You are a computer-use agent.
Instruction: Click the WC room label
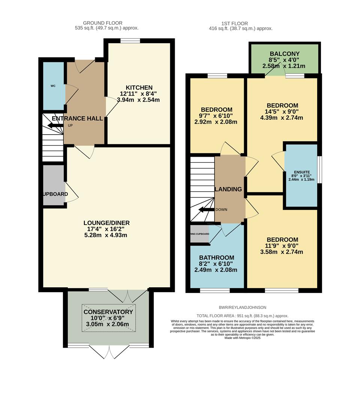(53, 86)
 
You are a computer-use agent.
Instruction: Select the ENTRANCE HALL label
(77, 118)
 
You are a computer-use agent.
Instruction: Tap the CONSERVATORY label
(108, 312)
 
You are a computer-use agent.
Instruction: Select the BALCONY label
(283, 54)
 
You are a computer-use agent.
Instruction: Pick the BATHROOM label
(216, 258)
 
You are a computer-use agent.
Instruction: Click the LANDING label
(228, 189)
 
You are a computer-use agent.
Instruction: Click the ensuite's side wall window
(319, 170)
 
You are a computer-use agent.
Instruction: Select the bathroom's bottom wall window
(214, 290)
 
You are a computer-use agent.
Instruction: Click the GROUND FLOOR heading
(102, 23)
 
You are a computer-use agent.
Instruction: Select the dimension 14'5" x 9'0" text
(282, 111)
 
